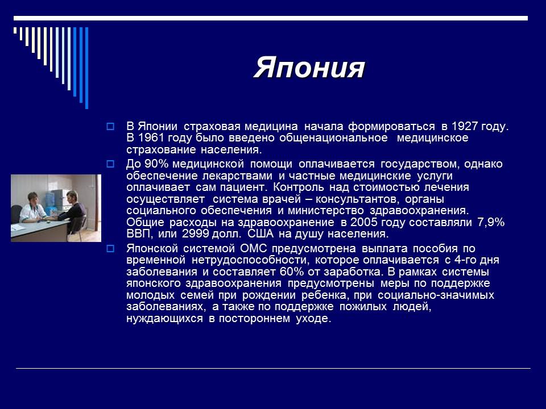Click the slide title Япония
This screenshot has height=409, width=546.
point(309,68)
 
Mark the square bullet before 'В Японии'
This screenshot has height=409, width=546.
point(111,126)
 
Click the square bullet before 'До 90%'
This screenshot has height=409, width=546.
point(111,164)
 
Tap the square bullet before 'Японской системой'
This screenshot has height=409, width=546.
point(111,248)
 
